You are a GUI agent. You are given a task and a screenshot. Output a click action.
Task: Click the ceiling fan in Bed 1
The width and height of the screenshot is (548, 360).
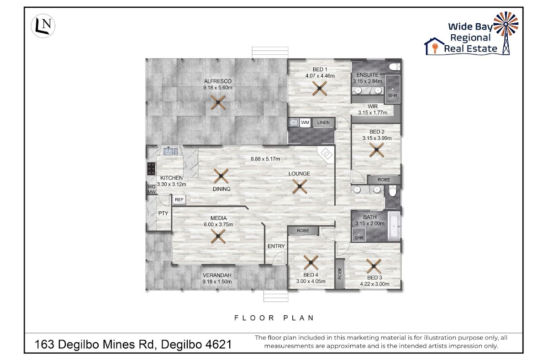(x=319, y=88)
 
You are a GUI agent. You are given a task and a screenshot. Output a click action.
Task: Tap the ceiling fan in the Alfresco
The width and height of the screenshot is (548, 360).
(x=218, y=102)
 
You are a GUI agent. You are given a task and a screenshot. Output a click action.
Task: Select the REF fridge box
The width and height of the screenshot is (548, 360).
(x=179, y=200)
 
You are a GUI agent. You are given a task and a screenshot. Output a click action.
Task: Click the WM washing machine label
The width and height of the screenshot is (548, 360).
(x=305, y=122)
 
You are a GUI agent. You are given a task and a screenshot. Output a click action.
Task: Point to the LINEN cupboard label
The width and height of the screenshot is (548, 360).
(x=323, y=122)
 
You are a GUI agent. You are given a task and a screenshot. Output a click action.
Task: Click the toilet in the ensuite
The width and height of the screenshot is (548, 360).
(x=395, y=67)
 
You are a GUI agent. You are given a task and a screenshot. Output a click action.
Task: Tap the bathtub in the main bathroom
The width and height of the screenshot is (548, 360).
(x=394, y=226)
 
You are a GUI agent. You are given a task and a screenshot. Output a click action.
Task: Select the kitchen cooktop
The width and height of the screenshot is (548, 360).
(x=152, y=169)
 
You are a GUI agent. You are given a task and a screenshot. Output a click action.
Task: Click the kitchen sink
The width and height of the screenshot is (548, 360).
(x=171, y=151)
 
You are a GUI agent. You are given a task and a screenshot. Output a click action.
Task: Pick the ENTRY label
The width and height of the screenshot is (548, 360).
(x=276, y=246)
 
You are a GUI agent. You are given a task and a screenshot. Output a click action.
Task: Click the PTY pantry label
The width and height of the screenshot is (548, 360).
(x=163, y=213)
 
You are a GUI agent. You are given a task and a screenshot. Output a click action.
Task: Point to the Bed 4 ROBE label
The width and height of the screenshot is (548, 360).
(x=303, y=231)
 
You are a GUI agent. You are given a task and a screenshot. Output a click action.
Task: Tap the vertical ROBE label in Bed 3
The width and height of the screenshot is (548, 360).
(x=340, y=273)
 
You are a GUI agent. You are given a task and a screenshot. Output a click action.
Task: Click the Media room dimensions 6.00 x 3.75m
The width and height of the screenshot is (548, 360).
(x=218, y=224)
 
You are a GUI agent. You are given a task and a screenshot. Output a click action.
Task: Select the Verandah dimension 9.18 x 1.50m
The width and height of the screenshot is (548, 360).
(x=217, y=282)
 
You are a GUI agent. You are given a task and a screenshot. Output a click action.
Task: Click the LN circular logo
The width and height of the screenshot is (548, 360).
(x=43, y=26)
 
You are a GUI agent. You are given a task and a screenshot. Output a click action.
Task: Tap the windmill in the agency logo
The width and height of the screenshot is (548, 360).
(x=506, y=33)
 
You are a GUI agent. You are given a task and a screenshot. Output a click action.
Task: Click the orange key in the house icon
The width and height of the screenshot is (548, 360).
(x=435, y=48)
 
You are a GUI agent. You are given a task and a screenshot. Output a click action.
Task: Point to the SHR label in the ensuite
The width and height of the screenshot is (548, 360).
(x=393, y=95)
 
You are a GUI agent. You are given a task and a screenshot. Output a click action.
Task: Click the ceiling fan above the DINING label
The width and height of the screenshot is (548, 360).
(x=221, y=176)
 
